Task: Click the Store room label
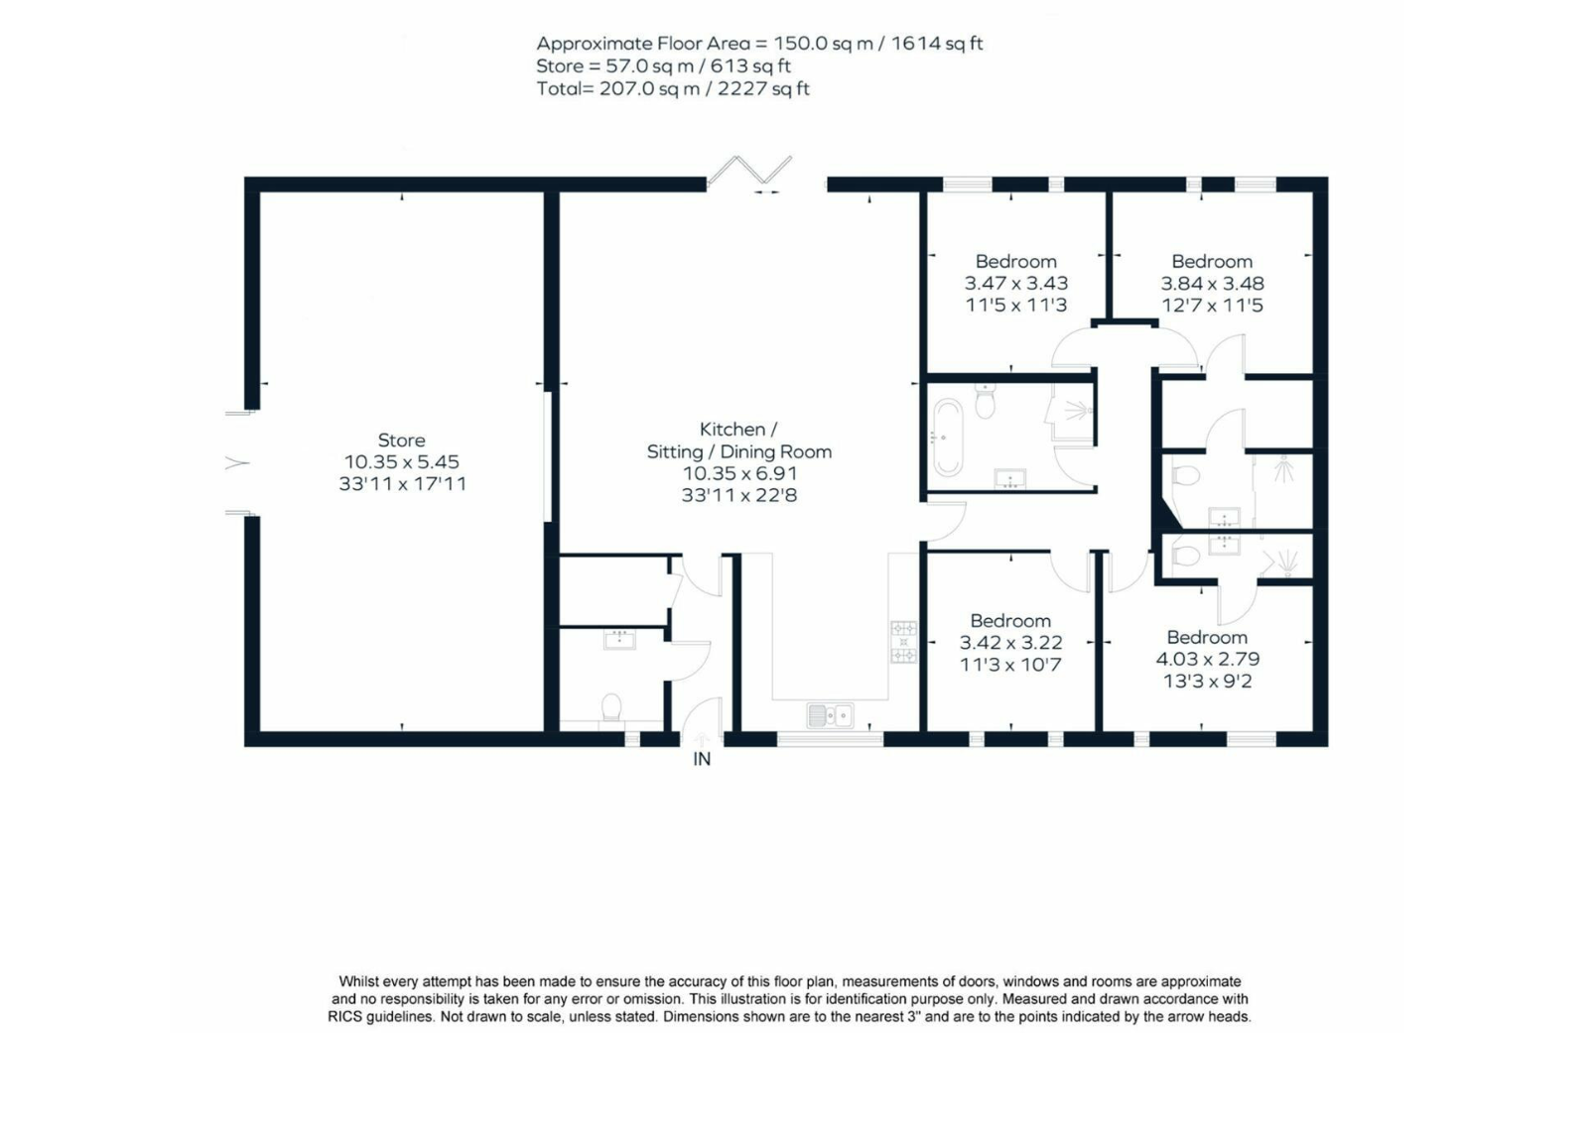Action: click(x=401, y=440)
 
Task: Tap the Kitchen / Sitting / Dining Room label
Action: click(x=738, y=440)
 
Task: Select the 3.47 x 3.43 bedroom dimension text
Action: click(x=1016, y=283)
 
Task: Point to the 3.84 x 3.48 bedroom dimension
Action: click(x=1213, y=283)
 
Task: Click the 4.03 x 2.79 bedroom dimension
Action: click(x=1208, y=659)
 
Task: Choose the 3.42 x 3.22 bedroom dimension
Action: click(x=1010, y=642)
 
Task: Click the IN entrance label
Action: click(x=702, y=759)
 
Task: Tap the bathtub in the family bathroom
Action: click(x=948, y=437)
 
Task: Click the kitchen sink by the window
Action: click(x=830, y=715)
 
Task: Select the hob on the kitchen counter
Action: click(x=904, y=642)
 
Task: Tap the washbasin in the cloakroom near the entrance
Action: click(x=619, y=639)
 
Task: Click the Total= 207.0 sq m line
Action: click(x=673, y=89)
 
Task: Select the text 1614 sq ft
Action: click(x=937, y=44)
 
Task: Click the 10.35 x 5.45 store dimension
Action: click(x=402, y=461)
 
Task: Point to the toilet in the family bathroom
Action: click(x=985, y=401)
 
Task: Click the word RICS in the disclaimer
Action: click(x=348, y=1017)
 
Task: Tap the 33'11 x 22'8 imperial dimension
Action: click(x=739, y=495)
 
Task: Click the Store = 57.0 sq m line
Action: click(x=663, y=66)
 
